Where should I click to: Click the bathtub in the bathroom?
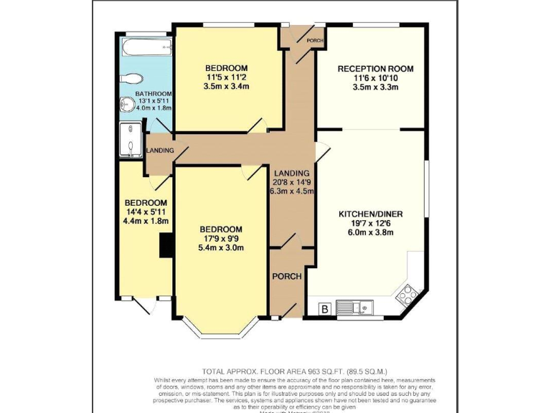coord(146,48)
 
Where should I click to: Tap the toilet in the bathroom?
coord(134,78)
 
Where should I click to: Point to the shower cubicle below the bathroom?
coord(130,138)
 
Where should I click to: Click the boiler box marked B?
coord(325,309)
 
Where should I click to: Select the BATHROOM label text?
coord(154,94)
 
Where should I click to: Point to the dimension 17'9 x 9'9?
coord(221,239)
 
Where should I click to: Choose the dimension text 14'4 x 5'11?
coord(146,212)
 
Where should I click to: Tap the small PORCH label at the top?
coord(314,41)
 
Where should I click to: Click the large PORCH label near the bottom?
coord(287,276)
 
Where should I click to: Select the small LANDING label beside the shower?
coord(159,150)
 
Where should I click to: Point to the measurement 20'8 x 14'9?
coord(291,182)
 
